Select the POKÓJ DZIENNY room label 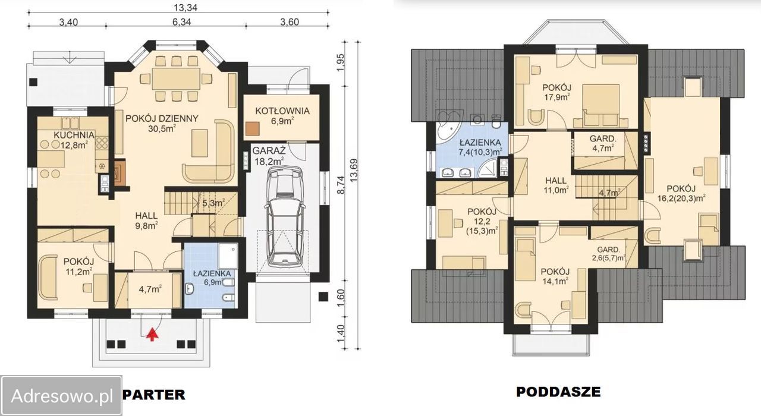[162, 118]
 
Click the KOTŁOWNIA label [282, 111]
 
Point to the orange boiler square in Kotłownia [252, 129]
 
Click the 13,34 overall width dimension [185, 7]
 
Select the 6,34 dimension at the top [182, 22]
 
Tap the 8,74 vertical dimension [341, 185]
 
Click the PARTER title [153, 395]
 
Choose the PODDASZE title [558, 392]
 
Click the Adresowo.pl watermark [62, 396]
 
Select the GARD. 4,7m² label [603, 143]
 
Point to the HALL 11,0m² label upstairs [556, 185]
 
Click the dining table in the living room [176, 79]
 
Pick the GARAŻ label [269, 150]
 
